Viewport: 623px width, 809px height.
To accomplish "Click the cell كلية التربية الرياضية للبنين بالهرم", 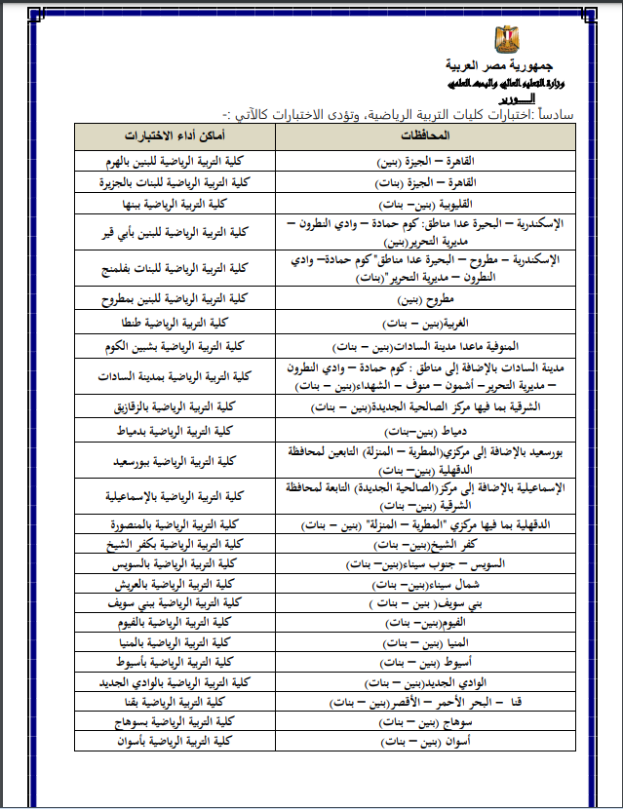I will coord(176,159).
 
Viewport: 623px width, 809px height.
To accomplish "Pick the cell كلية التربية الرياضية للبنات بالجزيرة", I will coord(176,181).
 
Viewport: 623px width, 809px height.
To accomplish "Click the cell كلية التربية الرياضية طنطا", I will coord(176,322).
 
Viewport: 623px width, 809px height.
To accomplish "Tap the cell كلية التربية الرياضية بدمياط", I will coord(176,430).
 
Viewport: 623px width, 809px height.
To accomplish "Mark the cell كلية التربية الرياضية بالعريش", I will coord(176,583).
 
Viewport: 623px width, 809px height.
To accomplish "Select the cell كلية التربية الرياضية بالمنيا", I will coord(176,641).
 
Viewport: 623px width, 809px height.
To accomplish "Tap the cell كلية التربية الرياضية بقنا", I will coord(176,702).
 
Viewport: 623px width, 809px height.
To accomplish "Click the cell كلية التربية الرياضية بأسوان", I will coord(176,742).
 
